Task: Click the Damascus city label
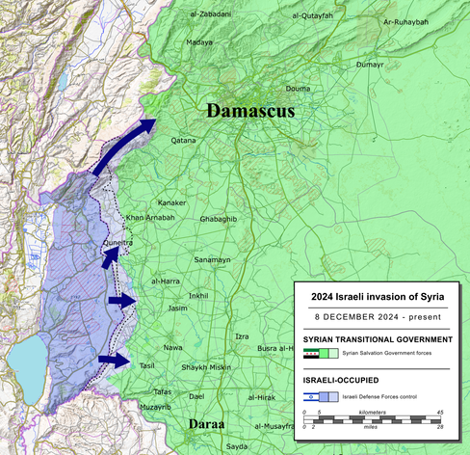click(x=248, y=112)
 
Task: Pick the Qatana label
click(x=183, y=140)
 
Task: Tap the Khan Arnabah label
click(x=150, y=218)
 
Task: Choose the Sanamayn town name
click(x=212, y=260)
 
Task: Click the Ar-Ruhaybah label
click(x=405, y=21)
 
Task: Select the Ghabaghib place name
click(x=218, y=220)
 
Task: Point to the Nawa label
click(x=172, y=347)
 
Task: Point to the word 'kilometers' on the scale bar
click(x=377, y=411)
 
